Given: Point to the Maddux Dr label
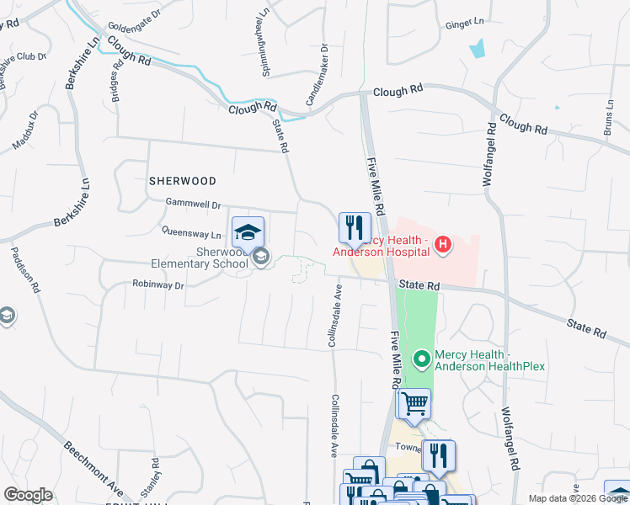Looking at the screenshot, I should [26, 130].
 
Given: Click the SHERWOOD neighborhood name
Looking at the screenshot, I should [183, 181].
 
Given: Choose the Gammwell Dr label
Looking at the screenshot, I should [193, 205].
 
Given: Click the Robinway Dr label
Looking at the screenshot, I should [157, 285].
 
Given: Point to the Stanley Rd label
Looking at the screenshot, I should [154, 476].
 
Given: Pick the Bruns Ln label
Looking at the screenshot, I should [610, 119].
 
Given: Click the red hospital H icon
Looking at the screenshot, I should [443, 245].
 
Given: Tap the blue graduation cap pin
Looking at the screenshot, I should [248, 231].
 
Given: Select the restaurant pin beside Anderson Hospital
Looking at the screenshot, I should [355, 227].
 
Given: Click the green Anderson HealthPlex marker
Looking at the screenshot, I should [421, 359].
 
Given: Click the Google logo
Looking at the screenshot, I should [28, 495].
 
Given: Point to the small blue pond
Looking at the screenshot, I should [478, 49].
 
